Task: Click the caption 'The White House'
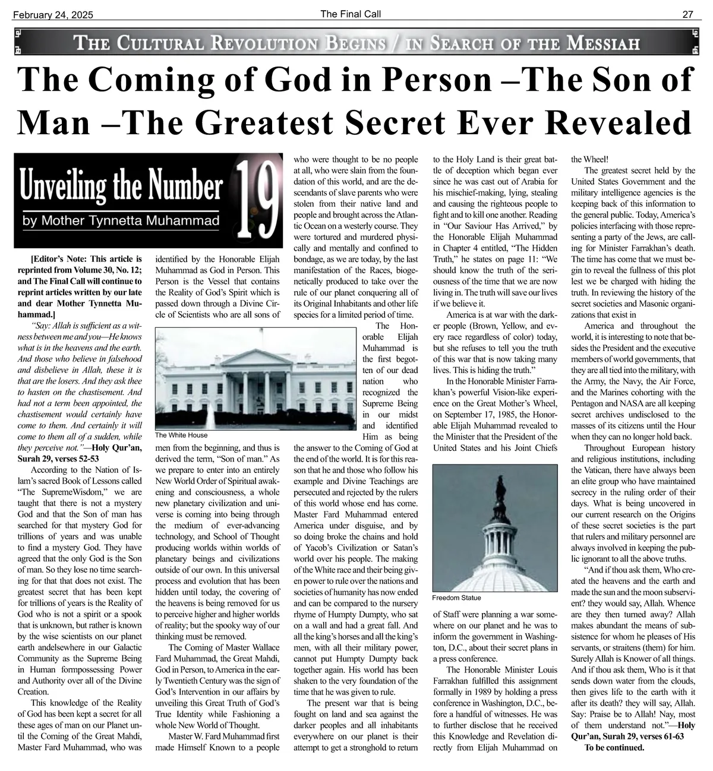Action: pos(181,435)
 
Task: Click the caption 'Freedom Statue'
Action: pos(456,598)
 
